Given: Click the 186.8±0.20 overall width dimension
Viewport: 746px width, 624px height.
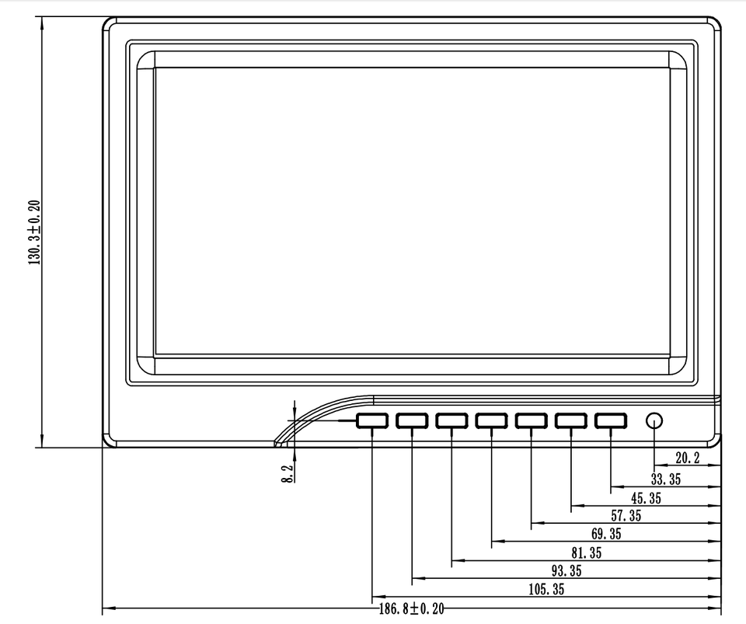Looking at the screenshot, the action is [x=411, y=608].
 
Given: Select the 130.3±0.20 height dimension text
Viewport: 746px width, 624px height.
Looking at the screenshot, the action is [x=36, y=232].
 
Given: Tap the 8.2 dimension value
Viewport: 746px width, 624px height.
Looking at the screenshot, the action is [x=287, y=474].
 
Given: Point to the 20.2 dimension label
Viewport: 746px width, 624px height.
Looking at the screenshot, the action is [x=687, y=458].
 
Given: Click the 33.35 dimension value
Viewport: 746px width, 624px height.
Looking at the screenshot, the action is [x=665, y=479].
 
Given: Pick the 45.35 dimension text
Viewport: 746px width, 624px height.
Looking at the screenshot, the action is [x=646, y=498].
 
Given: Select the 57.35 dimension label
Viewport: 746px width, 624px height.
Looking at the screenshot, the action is [x=626, y=517].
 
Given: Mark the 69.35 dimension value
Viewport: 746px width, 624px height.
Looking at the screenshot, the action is [x=606, y=535].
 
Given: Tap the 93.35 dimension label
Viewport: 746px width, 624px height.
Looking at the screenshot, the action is [x=566, y=571].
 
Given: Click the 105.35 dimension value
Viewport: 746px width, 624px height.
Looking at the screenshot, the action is [x=546, y=590].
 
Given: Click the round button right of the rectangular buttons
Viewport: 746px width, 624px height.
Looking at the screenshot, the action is [x=654, y=420].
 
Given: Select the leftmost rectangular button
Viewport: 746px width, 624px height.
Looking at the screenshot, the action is [x=372, y=420].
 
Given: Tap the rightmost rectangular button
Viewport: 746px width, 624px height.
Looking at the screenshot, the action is [x=611, y=420].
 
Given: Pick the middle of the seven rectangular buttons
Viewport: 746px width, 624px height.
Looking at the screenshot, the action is [x=491, y=420].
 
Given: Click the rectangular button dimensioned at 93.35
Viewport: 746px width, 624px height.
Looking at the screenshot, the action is [x=412, y=420].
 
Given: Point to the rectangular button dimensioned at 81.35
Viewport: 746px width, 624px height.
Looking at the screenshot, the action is [x=451, y=420].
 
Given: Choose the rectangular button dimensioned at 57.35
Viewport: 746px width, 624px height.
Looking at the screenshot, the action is [x=532, y=420].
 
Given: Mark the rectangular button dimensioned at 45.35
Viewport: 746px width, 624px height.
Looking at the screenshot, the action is [x=571, y=420].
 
